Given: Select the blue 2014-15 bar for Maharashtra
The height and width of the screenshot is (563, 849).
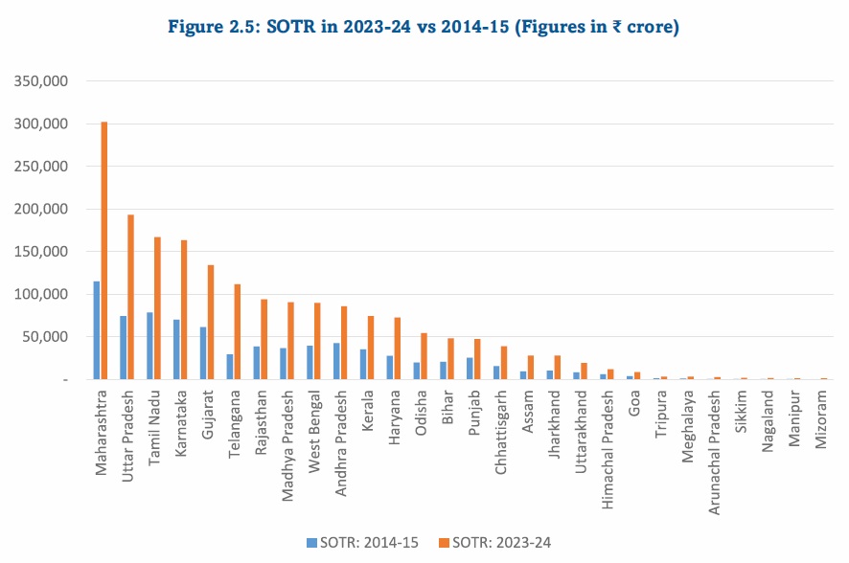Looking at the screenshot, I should tap(97, 330).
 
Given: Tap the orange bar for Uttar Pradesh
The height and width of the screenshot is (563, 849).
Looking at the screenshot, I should tap(130, 297).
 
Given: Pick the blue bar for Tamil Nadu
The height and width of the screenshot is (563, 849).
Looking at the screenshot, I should tap(149, 346).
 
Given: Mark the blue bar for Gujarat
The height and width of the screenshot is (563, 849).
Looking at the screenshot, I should tap(203, 353).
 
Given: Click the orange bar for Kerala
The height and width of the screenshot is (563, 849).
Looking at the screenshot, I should tap(370, 348).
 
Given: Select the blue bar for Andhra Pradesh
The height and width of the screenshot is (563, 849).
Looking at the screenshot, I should tap(336, 361).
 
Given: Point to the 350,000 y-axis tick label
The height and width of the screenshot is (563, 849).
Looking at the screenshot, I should tap(40, 81).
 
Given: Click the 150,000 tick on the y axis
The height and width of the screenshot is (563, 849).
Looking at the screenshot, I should tap(40, 252).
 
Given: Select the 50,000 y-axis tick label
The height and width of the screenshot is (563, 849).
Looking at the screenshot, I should tap(44, 337).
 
